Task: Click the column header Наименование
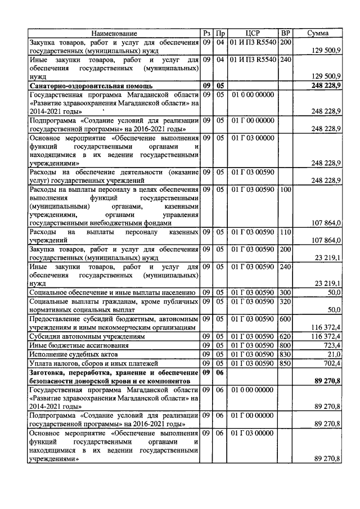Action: point(114,34)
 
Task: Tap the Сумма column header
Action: point(318,34)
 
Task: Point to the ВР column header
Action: point(286,34)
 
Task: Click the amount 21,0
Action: point(335,354)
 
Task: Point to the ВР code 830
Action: point(286,354)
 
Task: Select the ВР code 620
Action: point(286,336)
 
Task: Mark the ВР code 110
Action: point(286,232)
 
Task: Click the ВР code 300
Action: point(286,292)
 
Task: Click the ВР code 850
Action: point(286,364)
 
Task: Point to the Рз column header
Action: point(207,34)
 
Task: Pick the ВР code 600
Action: point(286,319)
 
